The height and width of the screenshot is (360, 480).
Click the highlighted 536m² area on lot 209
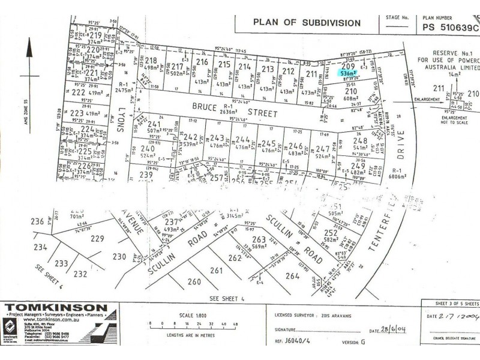(349, 71)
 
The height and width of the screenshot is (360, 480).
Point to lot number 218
(151, 60)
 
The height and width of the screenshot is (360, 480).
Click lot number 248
(360, 140)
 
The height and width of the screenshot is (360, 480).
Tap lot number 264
(292, 276)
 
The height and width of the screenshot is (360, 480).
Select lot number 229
(97, 239)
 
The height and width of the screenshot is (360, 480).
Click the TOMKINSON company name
(57, 308)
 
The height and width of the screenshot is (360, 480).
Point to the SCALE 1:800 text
(189, 316)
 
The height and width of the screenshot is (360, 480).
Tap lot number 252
(330, 233)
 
